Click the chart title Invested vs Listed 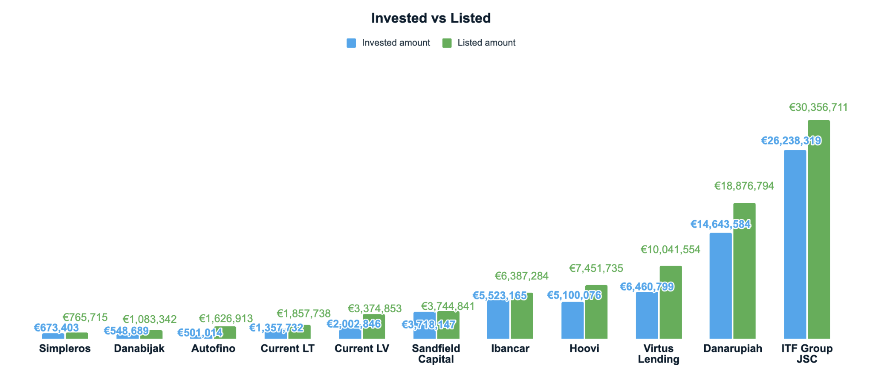pyautogui.click(x=431, y=18)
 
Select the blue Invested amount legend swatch pyautogui.click(x=351, y=43)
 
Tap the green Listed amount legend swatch pyautogui.click(x=447, y=43)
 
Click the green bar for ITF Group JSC pyautogui.click(x=818, y=230)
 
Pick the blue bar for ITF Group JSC pyautogui.click(x=795, y=245)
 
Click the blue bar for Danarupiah pyautogui.click(x=720, y=286)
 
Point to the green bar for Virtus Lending pyautogui.click(x=671, y=302)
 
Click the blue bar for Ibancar pyautogui.click(x=498, y=320)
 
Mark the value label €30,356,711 pyautogui.click(x=818, y=107)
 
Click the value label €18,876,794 pyautogui.click(x=744, y=186)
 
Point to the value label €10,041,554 pyautogui.click(x=670, y=250)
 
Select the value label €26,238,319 pyautogui.click(x=791, y=141)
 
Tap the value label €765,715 pyautogui.click(x=85, y=317)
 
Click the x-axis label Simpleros pyautogui.click(x=65, y=349)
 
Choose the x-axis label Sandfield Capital pyautogui.click(x=436, y=354)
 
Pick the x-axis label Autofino pyautogui.click(x=213, y=349)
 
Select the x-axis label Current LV pyautogui.click(x=361, y=349)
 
